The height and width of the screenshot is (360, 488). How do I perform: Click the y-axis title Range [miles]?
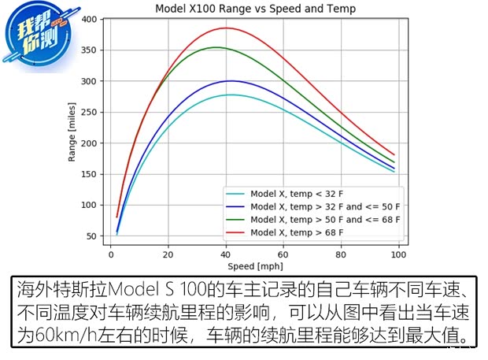click(x=72, y=132)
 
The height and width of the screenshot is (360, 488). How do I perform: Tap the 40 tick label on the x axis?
click(x=226, y=254)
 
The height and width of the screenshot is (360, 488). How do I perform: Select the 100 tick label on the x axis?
click(x=398, y=254)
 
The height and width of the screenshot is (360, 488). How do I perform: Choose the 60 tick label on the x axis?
click(x=283, y=254)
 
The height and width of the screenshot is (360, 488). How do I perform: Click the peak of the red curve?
click(x=227, y=28)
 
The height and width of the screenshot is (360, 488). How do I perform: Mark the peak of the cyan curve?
click(x=231, y=95)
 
